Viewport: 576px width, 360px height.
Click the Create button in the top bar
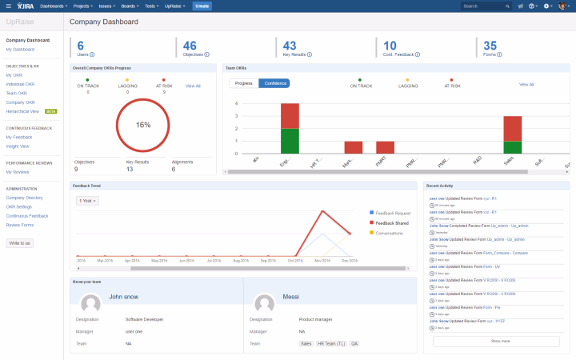[202, 6]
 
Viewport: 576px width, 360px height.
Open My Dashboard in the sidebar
[19, 50]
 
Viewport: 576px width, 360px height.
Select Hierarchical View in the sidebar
[22, 111]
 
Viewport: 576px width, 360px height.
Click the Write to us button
[19, 242]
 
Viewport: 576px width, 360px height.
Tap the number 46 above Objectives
[190, 46]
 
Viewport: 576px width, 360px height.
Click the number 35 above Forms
[490, 46]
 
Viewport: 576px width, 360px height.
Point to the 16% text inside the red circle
[143, 126]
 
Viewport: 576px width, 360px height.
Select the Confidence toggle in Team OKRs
[274, 83]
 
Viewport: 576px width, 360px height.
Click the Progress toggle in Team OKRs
[243, 83]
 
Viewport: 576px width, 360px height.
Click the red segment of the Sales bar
[512, 128]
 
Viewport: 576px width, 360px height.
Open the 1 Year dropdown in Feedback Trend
[86, 200]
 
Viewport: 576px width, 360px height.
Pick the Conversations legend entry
[390, 232]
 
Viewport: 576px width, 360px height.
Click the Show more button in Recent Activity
[496, 341]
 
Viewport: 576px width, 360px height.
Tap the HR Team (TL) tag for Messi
[331, 343]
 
